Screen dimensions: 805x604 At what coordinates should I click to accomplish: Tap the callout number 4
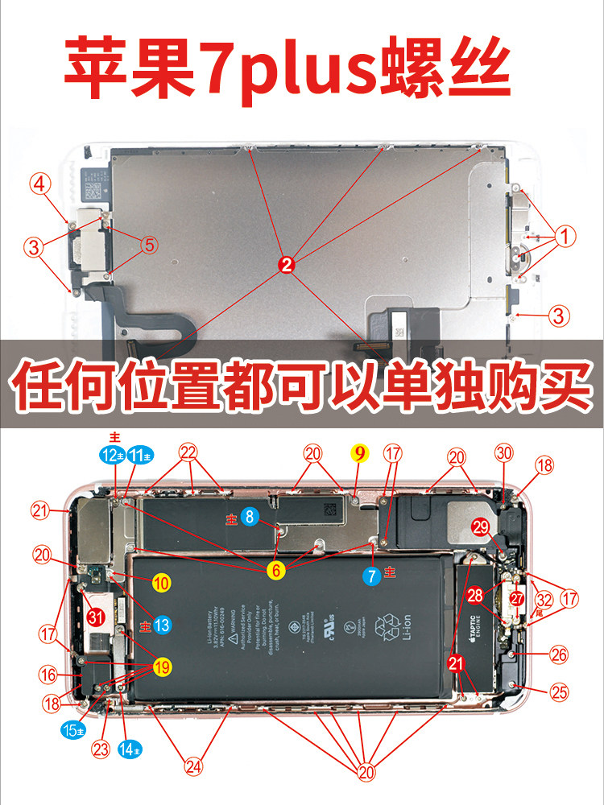click(x=41, y=184)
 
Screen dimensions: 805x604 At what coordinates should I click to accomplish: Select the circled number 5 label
click(x=149, y=245)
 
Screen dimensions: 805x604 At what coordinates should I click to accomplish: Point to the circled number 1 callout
click(x=565, y=237)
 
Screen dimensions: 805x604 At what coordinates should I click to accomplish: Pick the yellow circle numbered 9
click(x=359, y=453)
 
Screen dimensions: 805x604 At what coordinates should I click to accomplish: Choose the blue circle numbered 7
click(x=371, y=575)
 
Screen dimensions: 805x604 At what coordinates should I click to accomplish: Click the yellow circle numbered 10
click(x=162, y=584)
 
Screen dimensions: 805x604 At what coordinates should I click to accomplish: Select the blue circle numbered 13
click(x=162, y=624)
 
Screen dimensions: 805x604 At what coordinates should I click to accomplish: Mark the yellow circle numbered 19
click(x=163, y=667)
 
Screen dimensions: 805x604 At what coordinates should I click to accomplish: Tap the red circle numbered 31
click(x=96, y=617)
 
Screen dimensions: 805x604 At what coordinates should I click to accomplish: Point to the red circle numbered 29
click(x=481, y=527)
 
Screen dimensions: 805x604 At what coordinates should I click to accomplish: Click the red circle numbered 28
click(x=475, y=596)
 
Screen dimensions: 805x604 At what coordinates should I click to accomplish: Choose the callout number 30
click(x=504, y=454)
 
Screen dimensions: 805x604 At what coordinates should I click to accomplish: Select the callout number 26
click(x=558, y=655)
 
